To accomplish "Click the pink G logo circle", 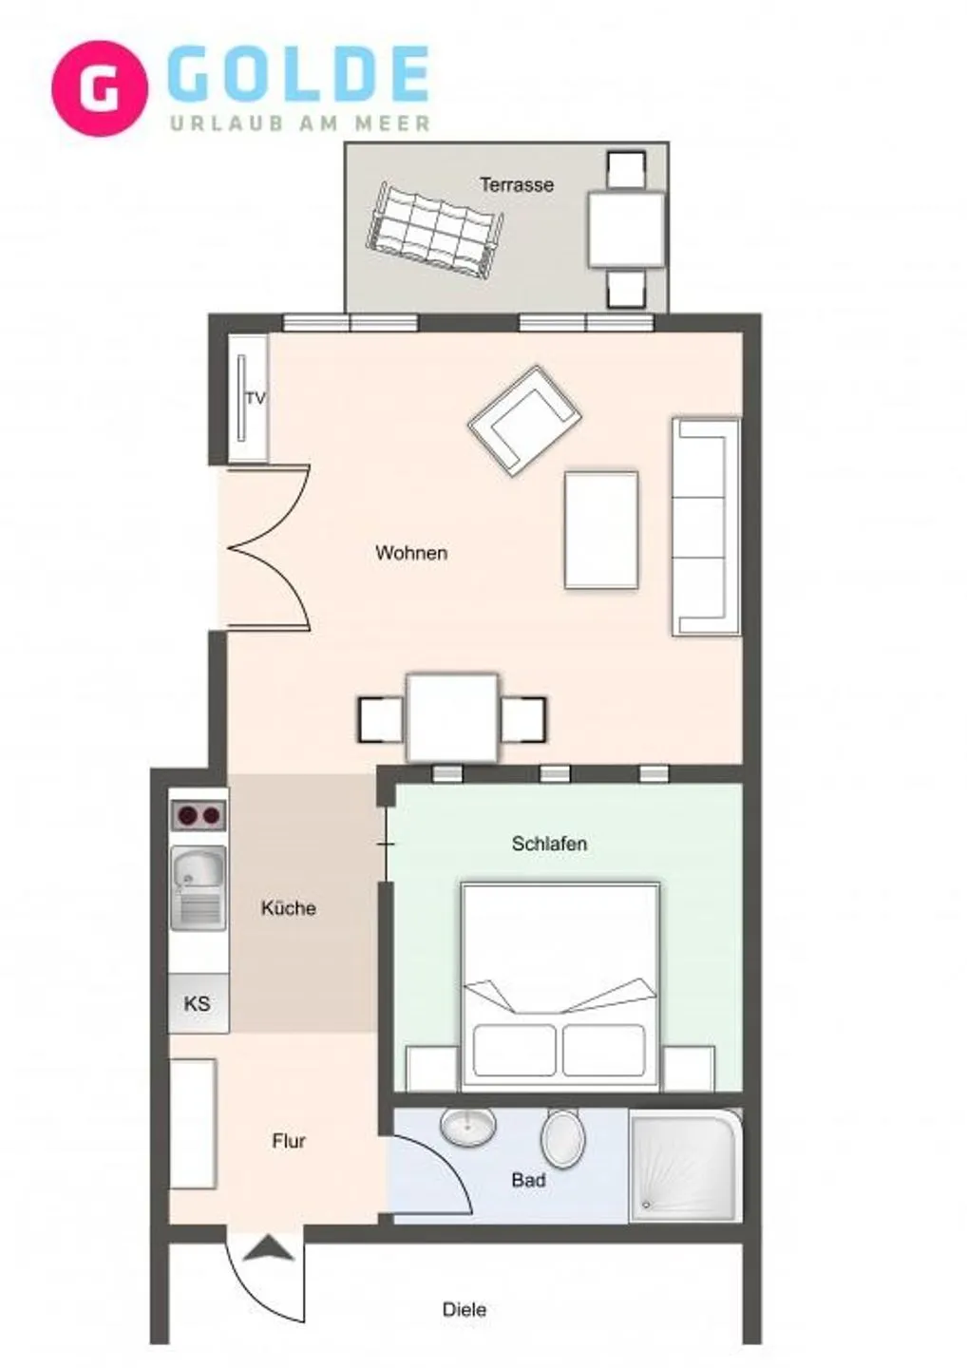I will [x=100, y=88].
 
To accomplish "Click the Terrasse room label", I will [x=516, y=184].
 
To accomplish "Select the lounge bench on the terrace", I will [x=436, y=231].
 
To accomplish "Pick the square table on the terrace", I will [x=625, y=230].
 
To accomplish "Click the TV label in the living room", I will [x=256, y=399].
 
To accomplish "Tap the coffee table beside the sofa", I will [x=601, y=530].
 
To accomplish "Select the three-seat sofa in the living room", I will [x=706, y=525].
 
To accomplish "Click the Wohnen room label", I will [x=410, y=553].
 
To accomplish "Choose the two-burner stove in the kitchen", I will [x=199, y=815].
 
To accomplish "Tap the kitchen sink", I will [x=199, y=887].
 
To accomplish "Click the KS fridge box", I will [x=198, y=1003].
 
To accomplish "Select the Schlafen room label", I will [x=549, y=844].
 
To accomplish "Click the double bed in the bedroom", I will [x=560, y=986].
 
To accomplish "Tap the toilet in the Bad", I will [x=563, y=1137].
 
